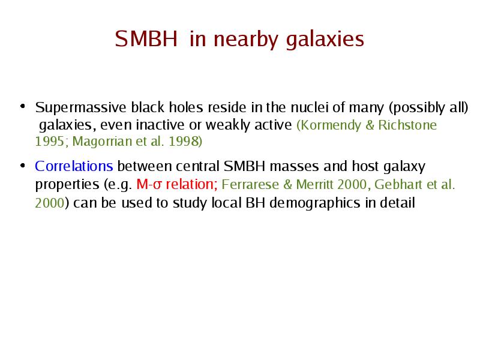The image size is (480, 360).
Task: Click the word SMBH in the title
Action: [146, 38]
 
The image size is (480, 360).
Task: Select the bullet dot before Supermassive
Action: [22, 106]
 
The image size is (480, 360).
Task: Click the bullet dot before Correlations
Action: [22, 166]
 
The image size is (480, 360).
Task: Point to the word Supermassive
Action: [81, 108]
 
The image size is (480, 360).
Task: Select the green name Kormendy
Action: [329, 125]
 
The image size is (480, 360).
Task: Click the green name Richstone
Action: [407, 125]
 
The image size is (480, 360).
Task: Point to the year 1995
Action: [50, 142]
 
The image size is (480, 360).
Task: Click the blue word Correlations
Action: [74, 166]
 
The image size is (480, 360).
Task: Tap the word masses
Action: [294, 166]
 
